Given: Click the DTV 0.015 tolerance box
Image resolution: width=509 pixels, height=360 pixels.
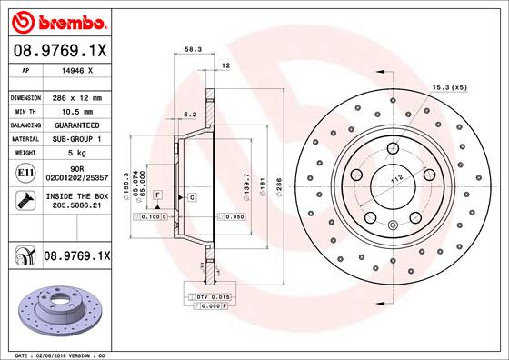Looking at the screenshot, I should click(208, 298).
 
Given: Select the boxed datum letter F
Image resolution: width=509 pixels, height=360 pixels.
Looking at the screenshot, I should click(157, 196).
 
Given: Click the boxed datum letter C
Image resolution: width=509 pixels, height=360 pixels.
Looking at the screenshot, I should click(193, 196).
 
